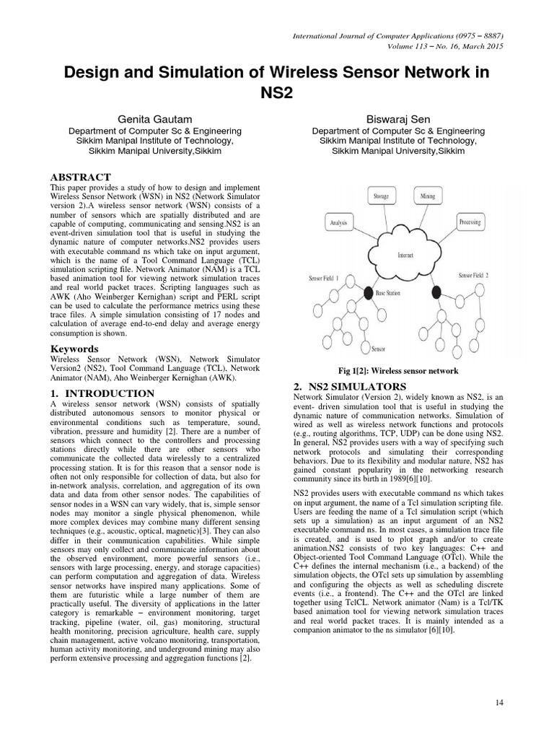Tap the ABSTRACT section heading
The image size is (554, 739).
click(x=80, y=177)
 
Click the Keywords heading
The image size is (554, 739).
click(x=74, y=349)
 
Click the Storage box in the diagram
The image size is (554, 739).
click(x=380, y=196)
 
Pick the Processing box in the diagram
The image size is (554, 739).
click(x=470, y=223)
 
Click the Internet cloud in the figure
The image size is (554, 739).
click(x=405, y=255)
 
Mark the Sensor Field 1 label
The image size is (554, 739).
click(x=328, y=278)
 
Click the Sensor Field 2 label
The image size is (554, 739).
click(x=479, y=276)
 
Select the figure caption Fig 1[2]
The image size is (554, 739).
click(x=398, y=371)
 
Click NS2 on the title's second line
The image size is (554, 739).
click(x=276, y=94)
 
